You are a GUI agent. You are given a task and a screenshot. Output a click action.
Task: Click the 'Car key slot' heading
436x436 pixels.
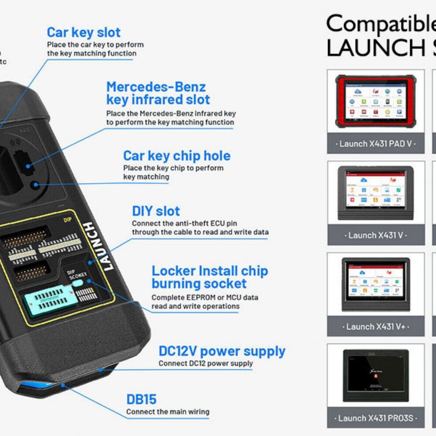pyautogui.click(x=84, y=33)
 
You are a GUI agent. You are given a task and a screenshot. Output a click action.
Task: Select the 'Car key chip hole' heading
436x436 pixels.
pyautogui.click(x=177, y=156)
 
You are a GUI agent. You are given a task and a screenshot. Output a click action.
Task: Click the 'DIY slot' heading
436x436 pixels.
pyautogui.click(x=156, y=211)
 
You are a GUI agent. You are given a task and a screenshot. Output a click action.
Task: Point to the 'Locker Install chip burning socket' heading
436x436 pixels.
pyautogui.click(x=209, y=277)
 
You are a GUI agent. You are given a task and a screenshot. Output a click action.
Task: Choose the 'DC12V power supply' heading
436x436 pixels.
pyautogui.click(x=222, y=351)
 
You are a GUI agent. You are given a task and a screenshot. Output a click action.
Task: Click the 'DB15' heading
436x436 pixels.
pyautogui.click(x=141, y=400)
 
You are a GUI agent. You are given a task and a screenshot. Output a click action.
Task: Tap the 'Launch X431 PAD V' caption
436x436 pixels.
pyautogui.click(x=376, y=144)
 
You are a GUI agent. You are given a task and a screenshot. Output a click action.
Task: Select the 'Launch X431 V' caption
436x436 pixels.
pyautogui.click(x=376, y=235)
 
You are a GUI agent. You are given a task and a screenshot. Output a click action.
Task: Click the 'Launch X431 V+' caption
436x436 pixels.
pyautogui.click(x=376, y=327)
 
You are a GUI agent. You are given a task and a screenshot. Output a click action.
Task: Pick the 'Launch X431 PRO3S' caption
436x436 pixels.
pyautogui.click(x=376, y=418)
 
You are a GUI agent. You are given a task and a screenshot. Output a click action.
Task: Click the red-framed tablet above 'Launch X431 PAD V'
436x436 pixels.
pyautogui.click(x=376, y=101)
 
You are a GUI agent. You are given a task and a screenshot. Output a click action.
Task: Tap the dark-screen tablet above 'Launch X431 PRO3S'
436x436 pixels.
pyautogui.click(x=376, y=375)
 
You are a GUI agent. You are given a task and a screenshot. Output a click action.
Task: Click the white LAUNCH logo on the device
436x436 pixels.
pyautogui.click(x=102, y=246)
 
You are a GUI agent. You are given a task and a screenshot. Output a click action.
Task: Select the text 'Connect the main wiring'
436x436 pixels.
pyautogui.click(x=168, y=412)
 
